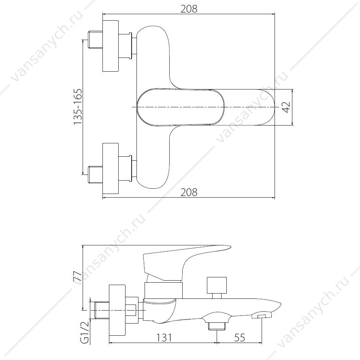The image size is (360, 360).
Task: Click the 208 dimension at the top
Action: click(189, 9)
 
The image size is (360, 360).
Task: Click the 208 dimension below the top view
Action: click(189, 192)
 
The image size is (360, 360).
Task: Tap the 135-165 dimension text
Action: click(78, 107)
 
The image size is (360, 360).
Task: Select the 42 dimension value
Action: click(286, 107)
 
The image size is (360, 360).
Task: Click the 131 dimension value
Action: click(164, 337)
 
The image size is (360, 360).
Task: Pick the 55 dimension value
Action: click(240, 337)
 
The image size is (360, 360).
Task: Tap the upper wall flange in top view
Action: click(111, 46)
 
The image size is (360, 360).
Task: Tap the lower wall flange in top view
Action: click(111, 168)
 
